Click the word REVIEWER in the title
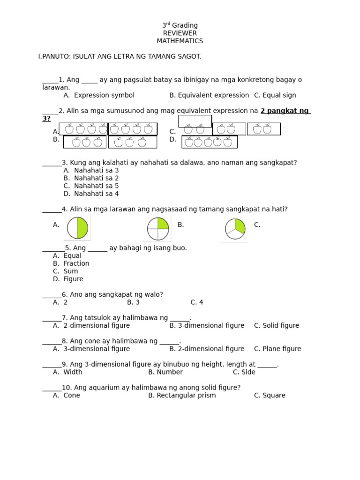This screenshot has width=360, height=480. coord(180,33)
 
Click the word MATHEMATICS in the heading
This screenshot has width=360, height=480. coord(180,41)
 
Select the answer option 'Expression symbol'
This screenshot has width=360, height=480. coord(104,95)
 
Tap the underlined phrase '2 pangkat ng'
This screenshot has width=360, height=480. coord(285,111)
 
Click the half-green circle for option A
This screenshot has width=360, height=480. coord(77,228)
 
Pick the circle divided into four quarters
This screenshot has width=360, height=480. coord(158,229)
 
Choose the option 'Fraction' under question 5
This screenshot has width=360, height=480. coord(76,263)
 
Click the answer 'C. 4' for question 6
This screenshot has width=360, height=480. coord(196,302)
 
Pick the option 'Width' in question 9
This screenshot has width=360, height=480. coord(73,372)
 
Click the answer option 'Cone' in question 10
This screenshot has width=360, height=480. coord(72,395)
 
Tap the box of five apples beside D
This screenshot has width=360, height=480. coord(209,142)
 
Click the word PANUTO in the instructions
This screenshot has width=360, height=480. coord(55,57)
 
